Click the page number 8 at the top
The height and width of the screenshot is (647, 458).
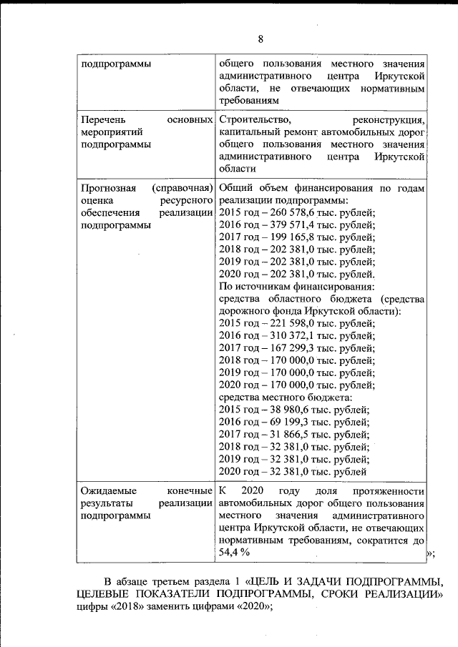(260, 39)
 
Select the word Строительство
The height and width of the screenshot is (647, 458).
(254, 119)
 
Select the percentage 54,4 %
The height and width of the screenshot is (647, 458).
(234, 553)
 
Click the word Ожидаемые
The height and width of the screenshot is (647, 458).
(108, 492)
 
